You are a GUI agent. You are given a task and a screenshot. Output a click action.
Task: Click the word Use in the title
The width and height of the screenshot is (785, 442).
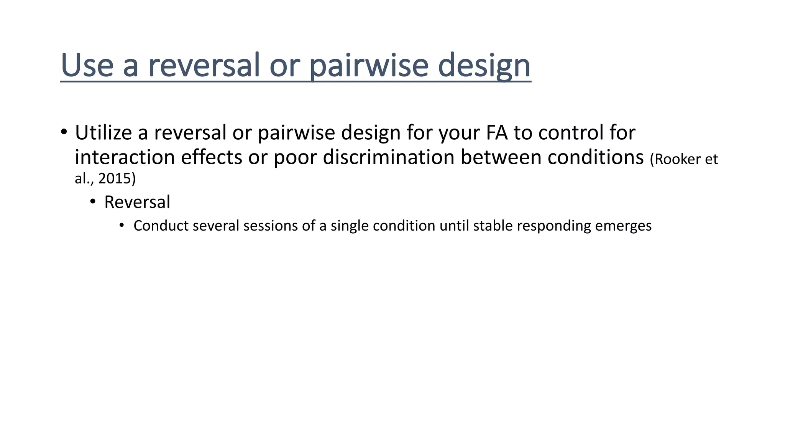click(x=87, y=65)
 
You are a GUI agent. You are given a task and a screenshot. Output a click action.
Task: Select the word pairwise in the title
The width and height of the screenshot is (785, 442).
click(x=368, y=65)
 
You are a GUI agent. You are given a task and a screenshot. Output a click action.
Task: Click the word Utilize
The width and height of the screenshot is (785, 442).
click(x=103, y=132)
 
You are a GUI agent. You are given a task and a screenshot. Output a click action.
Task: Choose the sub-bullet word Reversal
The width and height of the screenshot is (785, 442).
click(x=137, y=202)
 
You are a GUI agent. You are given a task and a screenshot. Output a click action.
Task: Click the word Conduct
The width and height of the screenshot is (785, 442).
click(x=161, y=226)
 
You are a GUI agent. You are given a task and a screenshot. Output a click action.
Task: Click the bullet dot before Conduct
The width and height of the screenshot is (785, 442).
click(x=122, y=225)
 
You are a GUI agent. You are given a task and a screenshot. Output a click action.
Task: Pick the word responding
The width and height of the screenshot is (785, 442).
click(x=554, y=226)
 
